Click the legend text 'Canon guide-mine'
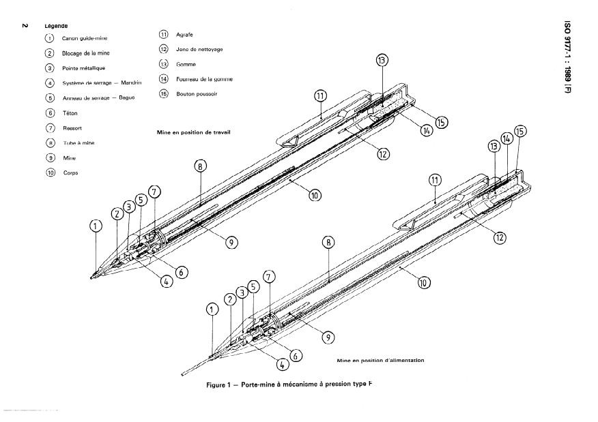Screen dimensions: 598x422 point(85,38)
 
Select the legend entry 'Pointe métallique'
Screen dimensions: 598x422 point(83,68)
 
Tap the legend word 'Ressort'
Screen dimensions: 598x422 point(72,128)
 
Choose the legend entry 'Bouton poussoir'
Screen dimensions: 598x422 point(197,94)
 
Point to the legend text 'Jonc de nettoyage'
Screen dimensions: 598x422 point(199,50)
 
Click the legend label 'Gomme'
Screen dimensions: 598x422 point(186,65)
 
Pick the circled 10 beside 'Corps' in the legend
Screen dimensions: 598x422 point(51,172)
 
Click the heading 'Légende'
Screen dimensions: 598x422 point(56,26)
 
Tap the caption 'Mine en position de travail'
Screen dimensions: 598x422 point(193,132)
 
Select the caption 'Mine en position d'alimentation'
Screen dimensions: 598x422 point(381,360)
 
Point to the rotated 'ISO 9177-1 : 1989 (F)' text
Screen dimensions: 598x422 point(567,57)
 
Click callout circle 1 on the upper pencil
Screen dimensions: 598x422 point(96,226)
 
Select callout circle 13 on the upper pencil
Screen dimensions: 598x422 point(382,60)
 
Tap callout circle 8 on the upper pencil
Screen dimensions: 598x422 point(200,166)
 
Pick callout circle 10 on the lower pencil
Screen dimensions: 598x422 point(423,283)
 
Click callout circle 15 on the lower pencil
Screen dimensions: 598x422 point(520,132)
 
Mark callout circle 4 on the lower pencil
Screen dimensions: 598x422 point(282,365)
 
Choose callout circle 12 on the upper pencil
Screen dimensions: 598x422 point(383,154)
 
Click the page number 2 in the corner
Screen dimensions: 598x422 point(25,25)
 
